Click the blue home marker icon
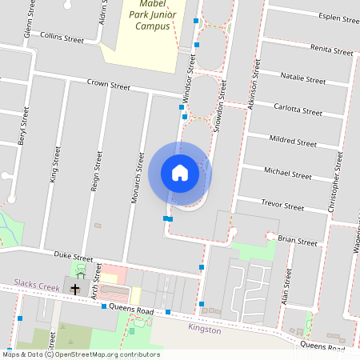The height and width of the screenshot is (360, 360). [180, 173]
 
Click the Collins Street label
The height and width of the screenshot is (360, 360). [62, 38]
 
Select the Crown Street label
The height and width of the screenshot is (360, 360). [108, 84]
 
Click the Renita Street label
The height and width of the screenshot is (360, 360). [331, 51]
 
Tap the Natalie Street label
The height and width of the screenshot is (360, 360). [303, 80]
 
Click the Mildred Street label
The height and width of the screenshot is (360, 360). [293, 142]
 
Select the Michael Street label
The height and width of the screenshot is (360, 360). [288, 174]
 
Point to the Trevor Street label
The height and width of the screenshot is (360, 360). [282, 206]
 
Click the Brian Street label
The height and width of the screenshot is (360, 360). [298, 239]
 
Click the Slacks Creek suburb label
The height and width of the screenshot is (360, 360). [37, 285]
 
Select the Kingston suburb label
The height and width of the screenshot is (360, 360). [203, 328]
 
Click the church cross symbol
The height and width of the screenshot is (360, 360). [77, 289]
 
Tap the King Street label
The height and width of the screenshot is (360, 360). [55, 164]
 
